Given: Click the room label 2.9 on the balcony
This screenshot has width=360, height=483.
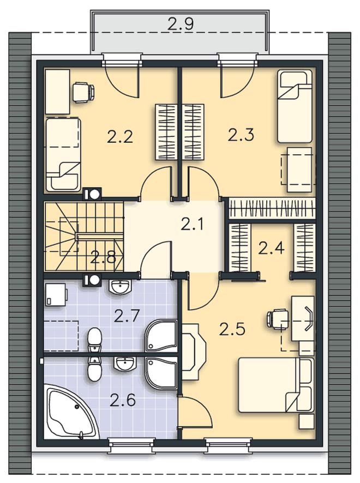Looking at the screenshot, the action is tap(181, 23).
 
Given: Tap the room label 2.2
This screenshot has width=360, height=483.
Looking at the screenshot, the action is tap(120, 136).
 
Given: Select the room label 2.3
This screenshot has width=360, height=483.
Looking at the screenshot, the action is tap(241, 135).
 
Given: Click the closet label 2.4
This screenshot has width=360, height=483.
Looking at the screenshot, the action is tap(271, 248).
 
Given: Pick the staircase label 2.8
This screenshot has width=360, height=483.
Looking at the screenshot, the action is tap(103, 257).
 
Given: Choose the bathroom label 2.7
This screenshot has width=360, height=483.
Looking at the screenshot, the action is tap(127, 316).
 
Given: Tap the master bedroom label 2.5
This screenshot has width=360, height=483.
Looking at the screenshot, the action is tap(232, 329).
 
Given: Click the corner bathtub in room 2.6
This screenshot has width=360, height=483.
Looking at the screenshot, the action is tap(68, 410).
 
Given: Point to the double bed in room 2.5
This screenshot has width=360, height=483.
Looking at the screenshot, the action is tap(276, 385).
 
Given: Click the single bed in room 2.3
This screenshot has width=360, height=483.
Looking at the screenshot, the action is tap(295, 106).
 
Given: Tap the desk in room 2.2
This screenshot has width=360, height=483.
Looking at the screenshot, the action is tap(57, 92).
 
